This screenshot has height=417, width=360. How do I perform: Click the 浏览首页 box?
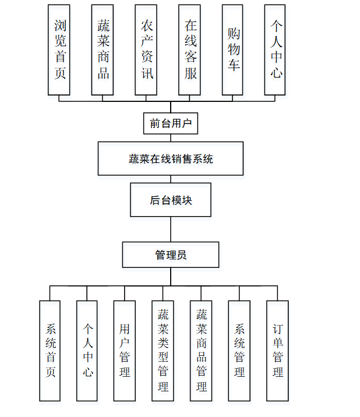click(59, 50)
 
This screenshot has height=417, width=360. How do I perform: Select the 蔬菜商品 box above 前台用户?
click(103, 50)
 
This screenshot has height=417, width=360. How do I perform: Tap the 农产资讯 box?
click(146, 50)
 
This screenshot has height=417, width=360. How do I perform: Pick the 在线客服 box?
click(190, 50)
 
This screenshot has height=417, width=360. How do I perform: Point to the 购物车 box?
click(232, 50)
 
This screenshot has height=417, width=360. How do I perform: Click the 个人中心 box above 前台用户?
click(275, 50)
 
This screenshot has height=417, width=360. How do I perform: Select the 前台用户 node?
click(171, 123)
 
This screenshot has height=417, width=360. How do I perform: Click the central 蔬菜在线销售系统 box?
click(171, 158)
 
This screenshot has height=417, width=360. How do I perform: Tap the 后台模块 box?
click(171, 200)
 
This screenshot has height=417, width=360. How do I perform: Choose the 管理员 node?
click(171, 255)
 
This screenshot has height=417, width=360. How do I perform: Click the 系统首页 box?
click(50, 351)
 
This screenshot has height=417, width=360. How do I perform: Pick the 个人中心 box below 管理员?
click(87, 351)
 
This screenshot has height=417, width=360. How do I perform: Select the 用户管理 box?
click(125, 351)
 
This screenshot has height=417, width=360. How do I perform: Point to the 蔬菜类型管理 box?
click(163, 351)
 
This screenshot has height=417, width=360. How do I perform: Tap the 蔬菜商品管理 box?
click(201, 351)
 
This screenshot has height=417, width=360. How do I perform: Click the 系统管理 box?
click(239, 351)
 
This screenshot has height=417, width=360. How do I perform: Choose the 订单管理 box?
click(278, 351)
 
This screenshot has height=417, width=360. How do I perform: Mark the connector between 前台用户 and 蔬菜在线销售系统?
click(171, 138)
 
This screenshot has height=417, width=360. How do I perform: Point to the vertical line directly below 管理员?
click(171, 277)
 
